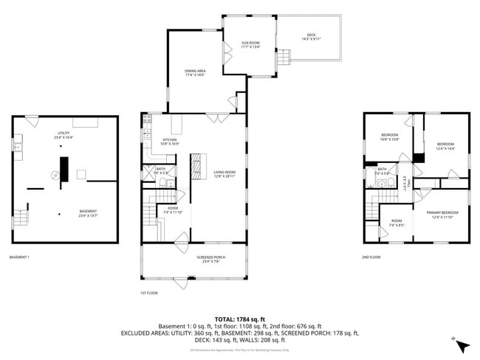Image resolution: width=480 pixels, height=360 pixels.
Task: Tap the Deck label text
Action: [x=310, y=37]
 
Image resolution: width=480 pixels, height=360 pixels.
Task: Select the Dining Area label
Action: [x=194, y=73]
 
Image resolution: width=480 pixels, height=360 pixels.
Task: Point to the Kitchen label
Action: [x=169, y=142]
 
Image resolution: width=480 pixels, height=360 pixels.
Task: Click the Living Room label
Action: [x=224, y=174]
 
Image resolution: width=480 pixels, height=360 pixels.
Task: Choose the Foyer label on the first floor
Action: [x=173, y=210]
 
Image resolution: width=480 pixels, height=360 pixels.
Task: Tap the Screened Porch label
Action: [x=210, y=258]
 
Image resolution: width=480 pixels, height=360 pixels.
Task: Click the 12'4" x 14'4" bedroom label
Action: [x=445, y=146]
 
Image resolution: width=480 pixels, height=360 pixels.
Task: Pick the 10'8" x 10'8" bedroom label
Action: [x=389, y=137]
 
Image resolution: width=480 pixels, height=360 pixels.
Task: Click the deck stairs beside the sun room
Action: [x=284, y=58]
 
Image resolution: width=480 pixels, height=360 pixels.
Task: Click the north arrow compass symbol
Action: [x=462, y=345]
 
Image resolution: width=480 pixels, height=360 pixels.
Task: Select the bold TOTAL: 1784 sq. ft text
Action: [x=240, y=318]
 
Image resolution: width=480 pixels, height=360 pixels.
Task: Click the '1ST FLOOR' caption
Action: [x=148, y=293]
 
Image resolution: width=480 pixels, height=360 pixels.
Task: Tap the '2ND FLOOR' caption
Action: [x=371, y=257]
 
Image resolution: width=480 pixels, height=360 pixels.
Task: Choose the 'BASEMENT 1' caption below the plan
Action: [x=19, y=257]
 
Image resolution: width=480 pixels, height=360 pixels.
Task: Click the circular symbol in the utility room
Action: [x=54, y=175]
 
